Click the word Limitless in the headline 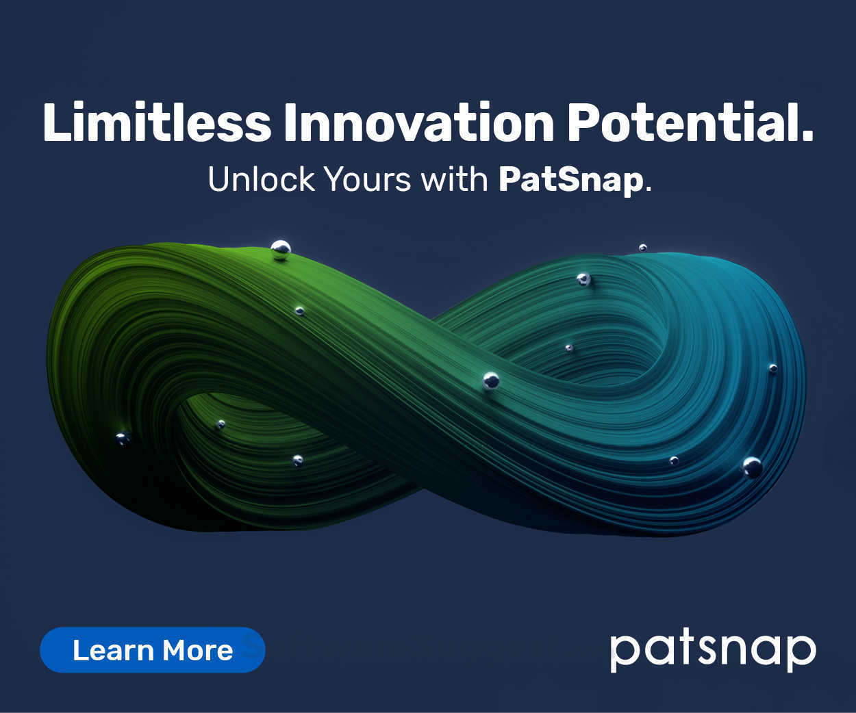click(x=157, y=123)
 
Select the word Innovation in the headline click(x=418, y=123)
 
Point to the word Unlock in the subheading click(x=261, y=179)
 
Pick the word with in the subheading click(x=454, y=179)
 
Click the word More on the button click(x=197, y=650)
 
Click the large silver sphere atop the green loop click(x=281, y=250)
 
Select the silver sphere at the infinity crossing click(x=491, y=380)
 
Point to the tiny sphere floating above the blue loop click(x=642, y=247)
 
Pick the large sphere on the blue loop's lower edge click(x=753, y=467)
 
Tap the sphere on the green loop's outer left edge click(x=123, y=439)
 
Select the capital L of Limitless click(x=58, y=123)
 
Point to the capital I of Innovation click(x=290, y=123)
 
